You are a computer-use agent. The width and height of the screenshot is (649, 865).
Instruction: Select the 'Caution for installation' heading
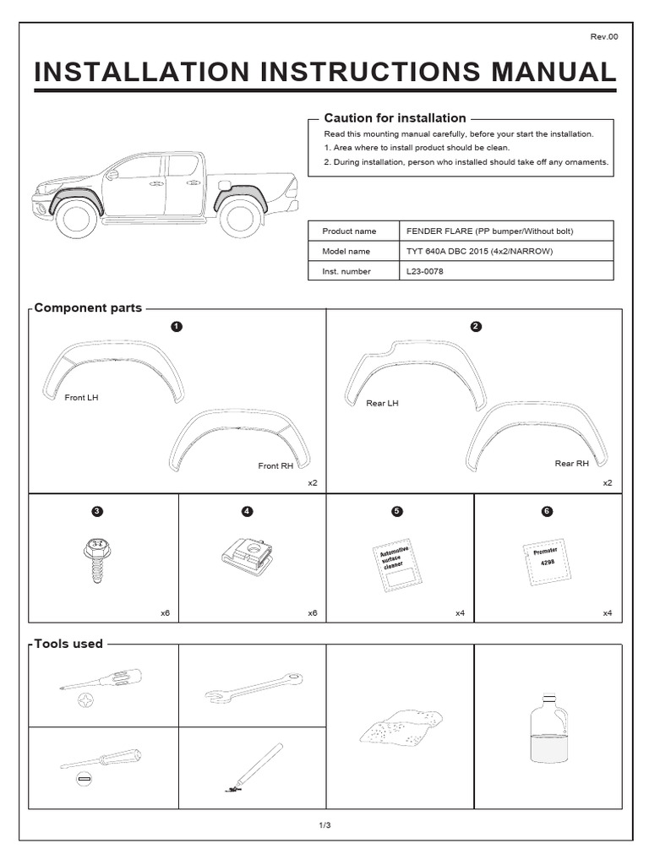[395, 118]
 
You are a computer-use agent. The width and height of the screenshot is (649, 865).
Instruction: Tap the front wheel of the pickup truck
[78, 218]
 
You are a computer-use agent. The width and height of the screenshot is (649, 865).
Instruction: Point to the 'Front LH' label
[81, 397]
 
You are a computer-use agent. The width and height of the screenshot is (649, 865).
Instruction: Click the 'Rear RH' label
[571, 464]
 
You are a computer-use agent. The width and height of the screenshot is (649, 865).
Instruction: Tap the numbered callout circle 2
[476, 327]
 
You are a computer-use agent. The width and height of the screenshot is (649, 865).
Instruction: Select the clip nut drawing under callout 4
[247, 558]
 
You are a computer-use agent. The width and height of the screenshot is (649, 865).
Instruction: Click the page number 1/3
[324, 824]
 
